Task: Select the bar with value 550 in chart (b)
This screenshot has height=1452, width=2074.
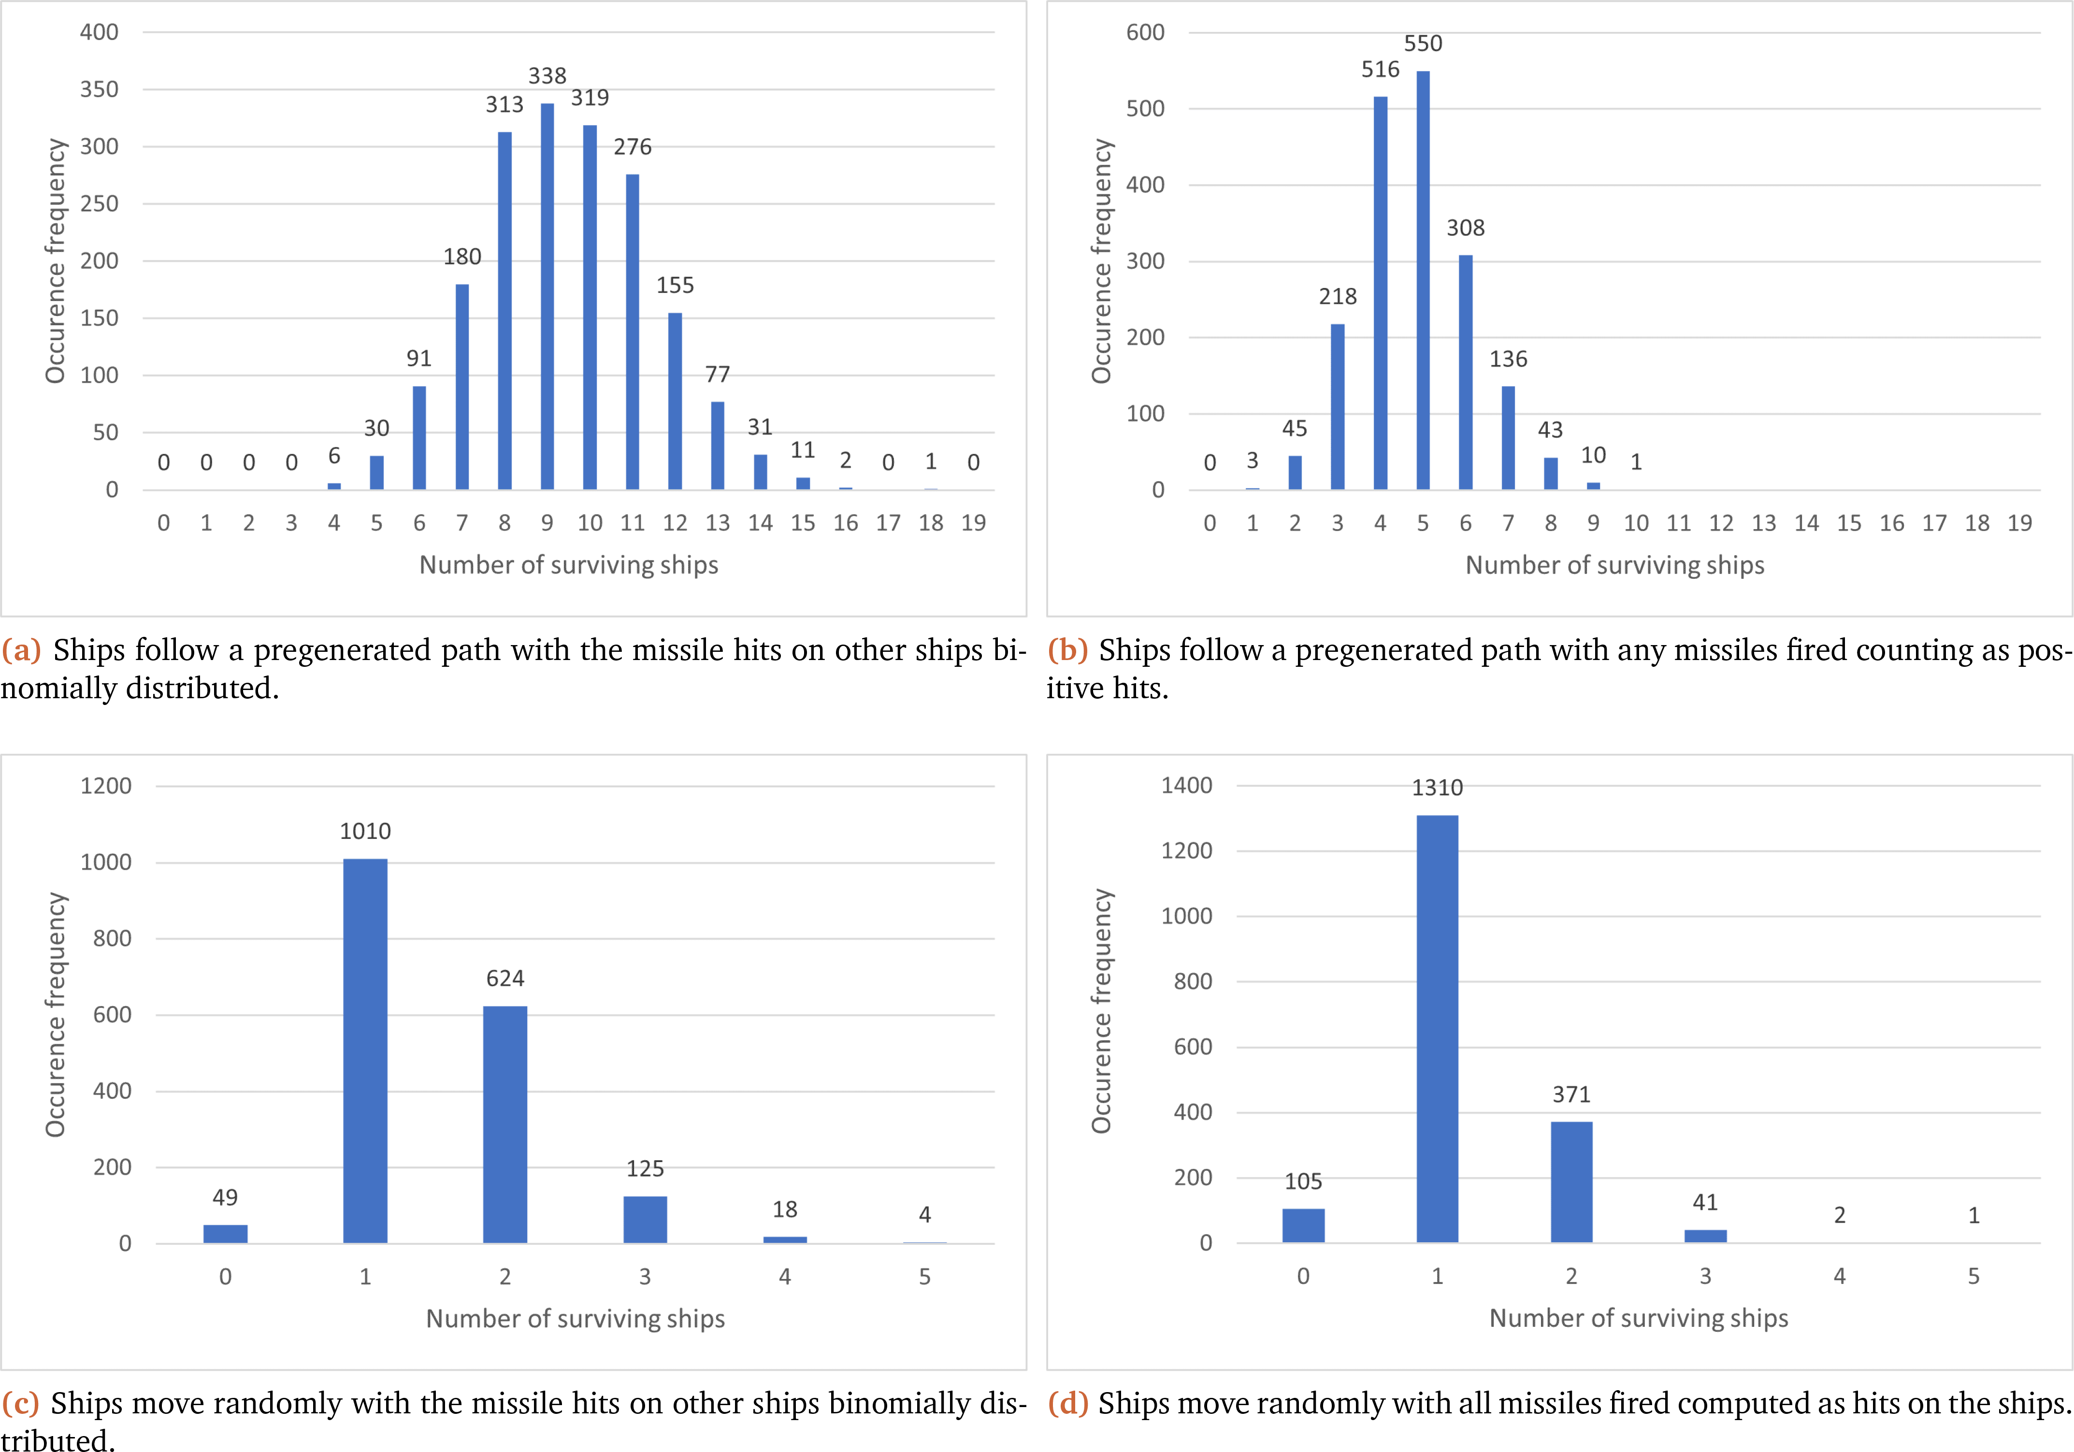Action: (x=1423, y=280)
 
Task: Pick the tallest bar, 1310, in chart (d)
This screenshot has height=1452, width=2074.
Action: (x=1437, y=1029)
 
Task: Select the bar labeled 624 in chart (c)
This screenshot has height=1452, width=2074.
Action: (x=505, y=1124)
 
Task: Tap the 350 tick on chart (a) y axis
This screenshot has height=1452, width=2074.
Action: (x=100, y=89)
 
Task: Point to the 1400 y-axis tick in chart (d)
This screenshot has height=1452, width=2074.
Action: (x=1186, y=786)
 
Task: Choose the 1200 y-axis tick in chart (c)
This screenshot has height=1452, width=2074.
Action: (x=106, y=786)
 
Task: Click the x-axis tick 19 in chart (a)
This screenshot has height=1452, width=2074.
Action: (x=973, y=523)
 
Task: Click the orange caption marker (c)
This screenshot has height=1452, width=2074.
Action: (x=21, y=1403)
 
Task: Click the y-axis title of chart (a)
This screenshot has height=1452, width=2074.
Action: (x=56, y=261)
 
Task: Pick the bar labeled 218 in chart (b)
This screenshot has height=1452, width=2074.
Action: (x=1338, y=406)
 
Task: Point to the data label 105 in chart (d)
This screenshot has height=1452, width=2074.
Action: (x=1303, y=1181)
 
